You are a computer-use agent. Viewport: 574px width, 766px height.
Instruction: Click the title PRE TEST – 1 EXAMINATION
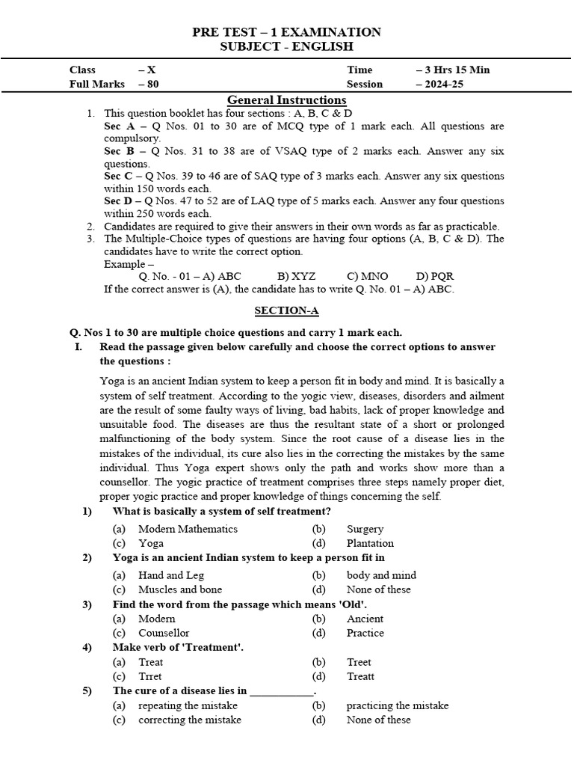click(x=286, y=31)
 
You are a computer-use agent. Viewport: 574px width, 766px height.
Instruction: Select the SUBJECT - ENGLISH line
click(x=286, y=46)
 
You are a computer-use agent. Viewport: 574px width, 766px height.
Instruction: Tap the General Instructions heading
click(x=286, y=100)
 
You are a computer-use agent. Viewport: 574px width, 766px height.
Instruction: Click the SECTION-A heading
click(x=286, y=310)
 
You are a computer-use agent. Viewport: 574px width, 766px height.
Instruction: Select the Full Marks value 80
click(x=151, y=84)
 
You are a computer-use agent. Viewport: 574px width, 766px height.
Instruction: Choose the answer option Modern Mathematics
click(x=188, y=529)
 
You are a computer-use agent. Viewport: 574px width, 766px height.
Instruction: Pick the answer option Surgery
click(x=365, y=529)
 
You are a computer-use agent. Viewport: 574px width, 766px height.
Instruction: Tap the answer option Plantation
click(x=370, y=543)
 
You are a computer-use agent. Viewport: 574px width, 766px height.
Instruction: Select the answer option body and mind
click(x=381, y=575)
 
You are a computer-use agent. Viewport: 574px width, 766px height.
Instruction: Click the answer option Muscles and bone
click(x=180, y=589)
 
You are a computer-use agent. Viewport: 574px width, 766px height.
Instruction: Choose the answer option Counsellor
click(x=164, y=633)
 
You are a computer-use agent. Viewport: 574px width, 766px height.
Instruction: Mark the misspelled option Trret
click(x=150, y=676)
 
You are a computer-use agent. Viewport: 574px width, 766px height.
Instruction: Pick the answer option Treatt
click(x=360, y=676)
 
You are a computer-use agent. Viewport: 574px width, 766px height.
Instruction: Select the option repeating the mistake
click(x=188, y=705)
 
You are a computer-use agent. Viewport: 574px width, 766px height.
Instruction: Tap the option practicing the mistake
click(x=397, y=705)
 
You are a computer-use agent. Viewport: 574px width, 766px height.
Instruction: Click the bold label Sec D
click(x=118, y=200)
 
